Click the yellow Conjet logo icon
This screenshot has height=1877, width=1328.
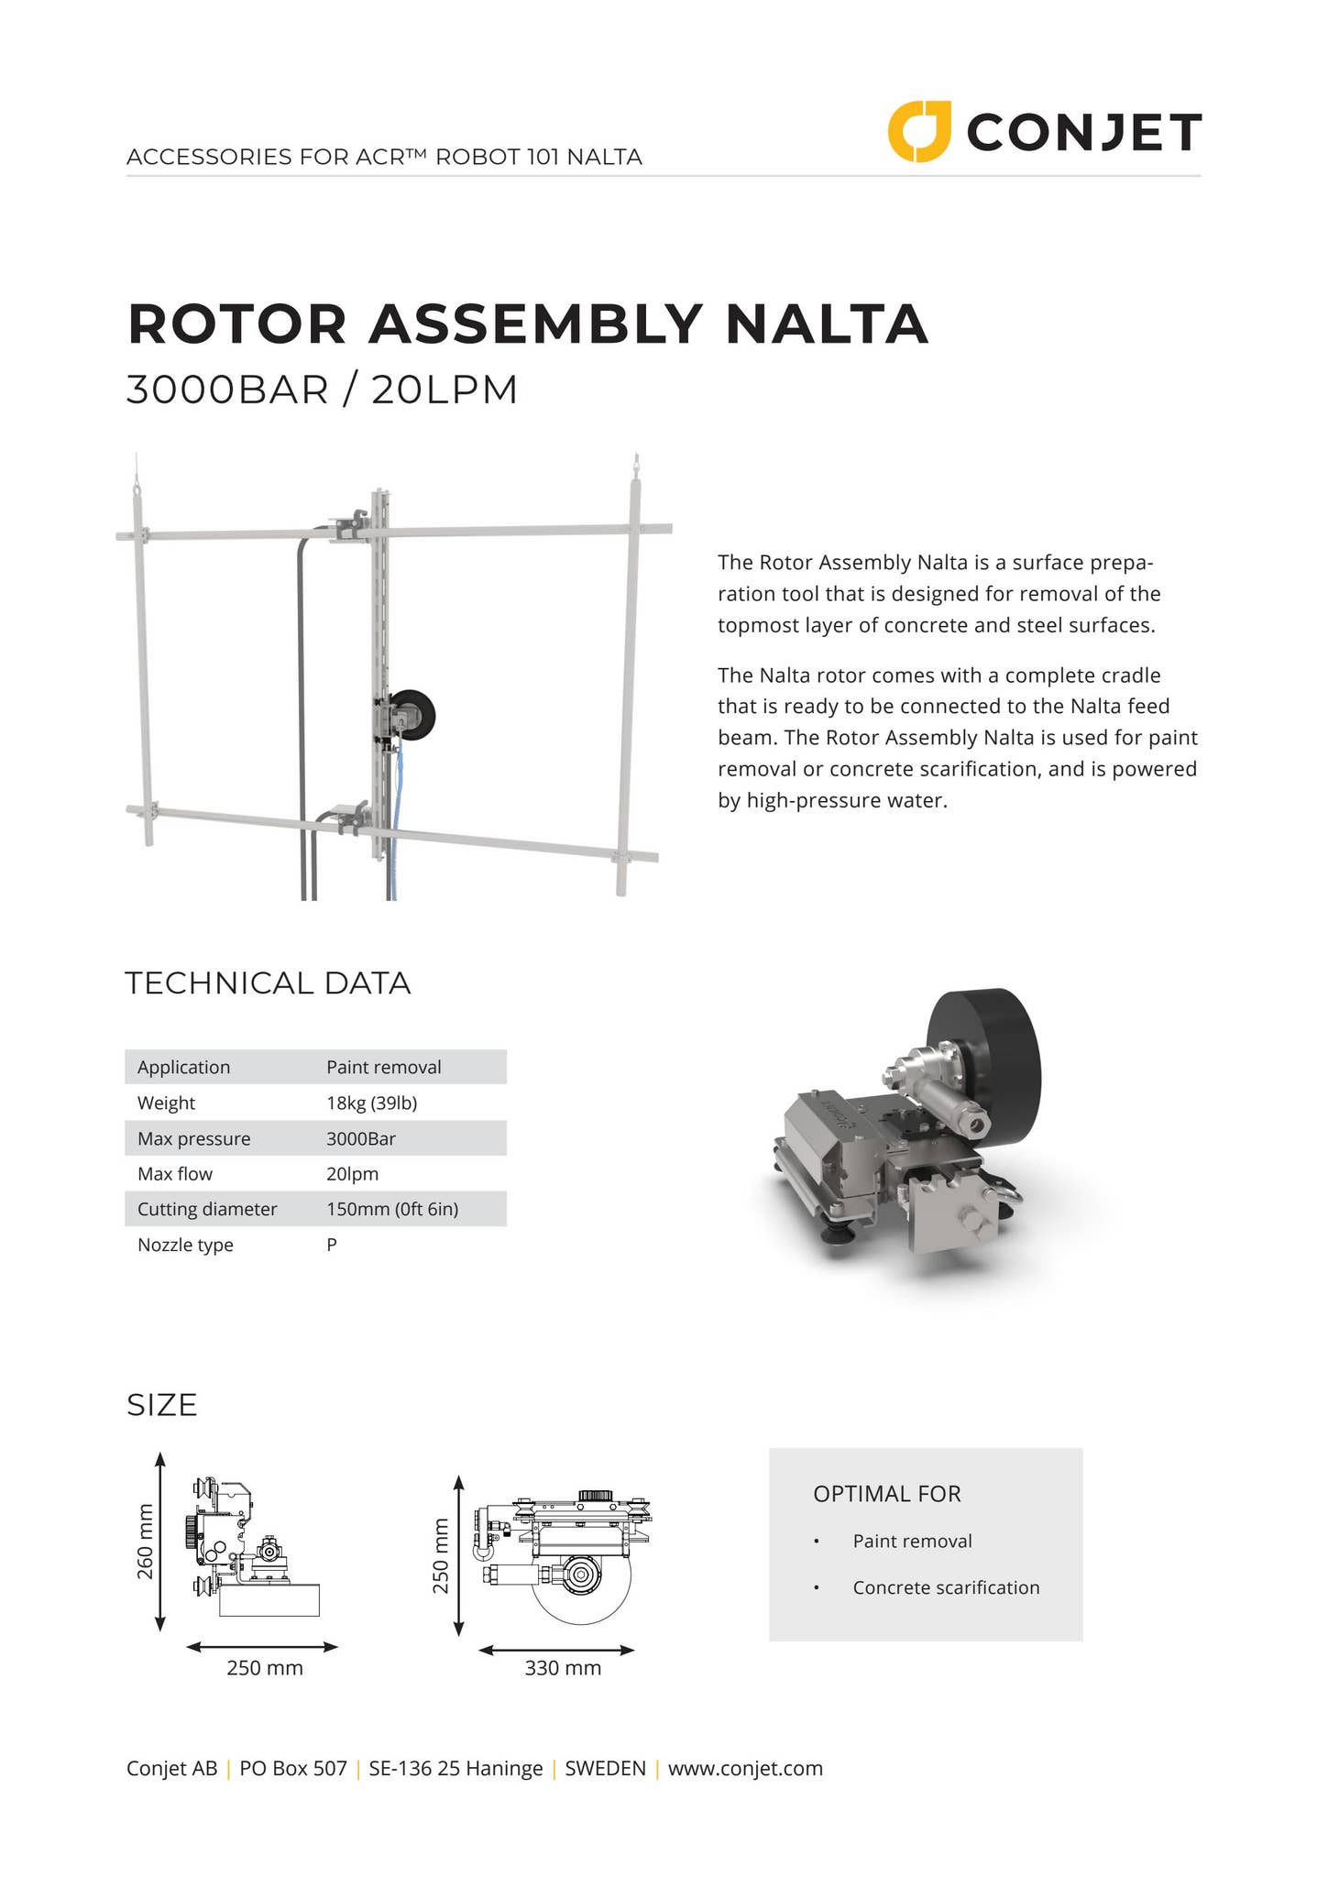tap(918, 132)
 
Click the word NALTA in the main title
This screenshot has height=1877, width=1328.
tap(827, 324)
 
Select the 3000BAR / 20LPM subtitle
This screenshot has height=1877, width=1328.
tap(322, 390)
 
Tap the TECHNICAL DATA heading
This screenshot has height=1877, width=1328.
tap(268, 983)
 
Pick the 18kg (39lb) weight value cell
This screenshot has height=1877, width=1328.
tap(371, 1103)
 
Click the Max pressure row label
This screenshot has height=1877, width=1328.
tap(193, 1138)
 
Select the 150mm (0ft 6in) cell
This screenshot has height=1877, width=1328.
tap(392, 1209)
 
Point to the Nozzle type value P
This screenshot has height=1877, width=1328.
tap(332, 1245)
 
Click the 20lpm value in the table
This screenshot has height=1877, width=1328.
tap(352, 1174)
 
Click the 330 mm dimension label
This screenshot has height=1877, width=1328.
tap(563, 1668)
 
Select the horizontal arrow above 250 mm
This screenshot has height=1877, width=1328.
tap(262, 1647)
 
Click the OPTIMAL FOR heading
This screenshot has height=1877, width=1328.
tap(886, 1494)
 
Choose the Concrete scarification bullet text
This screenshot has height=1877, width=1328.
tap(946, 1587)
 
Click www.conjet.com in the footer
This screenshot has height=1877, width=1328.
tap(745, 1768)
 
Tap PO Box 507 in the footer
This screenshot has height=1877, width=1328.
tap(293, 1768)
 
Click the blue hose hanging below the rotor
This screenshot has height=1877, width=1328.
tap(395, 825)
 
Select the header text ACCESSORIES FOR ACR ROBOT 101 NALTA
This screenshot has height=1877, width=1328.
tap(384, 157)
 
